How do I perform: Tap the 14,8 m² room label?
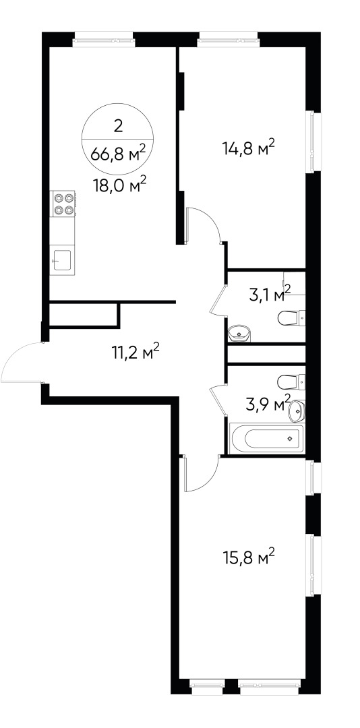249,147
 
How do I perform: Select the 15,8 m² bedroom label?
249,558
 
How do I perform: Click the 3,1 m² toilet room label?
268,295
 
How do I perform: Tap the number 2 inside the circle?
119,125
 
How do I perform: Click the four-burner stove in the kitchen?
63,204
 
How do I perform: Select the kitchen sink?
63,259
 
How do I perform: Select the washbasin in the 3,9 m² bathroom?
296,408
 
